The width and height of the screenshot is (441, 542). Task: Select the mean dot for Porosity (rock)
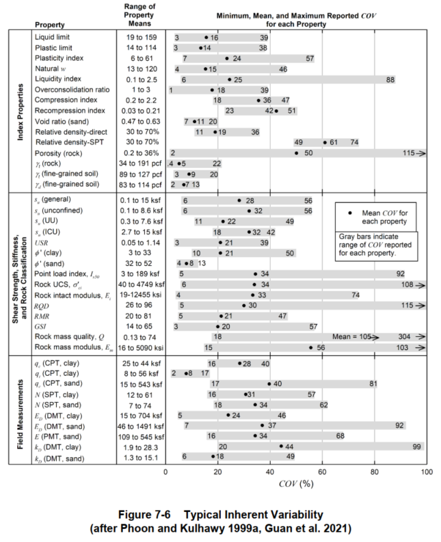coord(297,153)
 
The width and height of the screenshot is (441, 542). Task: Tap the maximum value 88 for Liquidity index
coord(390,79)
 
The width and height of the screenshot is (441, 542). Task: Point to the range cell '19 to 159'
coord(141,36)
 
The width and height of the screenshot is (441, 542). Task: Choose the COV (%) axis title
coord(296,484)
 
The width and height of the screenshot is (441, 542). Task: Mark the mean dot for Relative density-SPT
coord(325,142)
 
